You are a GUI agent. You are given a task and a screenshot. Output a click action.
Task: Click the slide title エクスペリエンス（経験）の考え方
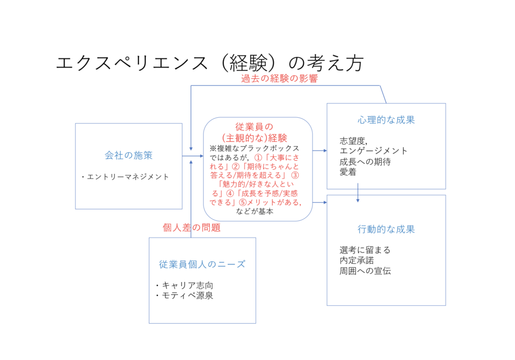tap(210, 63)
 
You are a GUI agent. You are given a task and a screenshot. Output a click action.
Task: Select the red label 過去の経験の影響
tap(279, 79)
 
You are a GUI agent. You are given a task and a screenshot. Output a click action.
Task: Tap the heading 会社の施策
tap(129, 155)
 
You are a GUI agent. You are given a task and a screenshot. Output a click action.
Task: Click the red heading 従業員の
tap(257, 127)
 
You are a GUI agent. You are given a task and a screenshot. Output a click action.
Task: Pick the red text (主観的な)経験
tap(257, 138)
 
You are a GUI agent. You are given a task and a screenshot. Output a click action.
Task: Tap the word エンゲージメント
tap(373, 151)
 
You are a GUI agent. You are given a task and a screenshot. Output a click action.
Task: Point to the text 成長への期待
tap(365, 162)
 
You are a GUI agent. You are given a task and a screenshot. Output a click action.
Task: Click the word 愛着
tap(348, 172)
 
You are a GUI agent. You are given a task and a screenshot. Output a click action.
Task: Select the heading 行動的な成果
tap(386, 229)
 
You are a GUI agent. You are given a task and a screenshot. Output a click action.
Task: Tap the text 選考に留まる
tap(365, 250)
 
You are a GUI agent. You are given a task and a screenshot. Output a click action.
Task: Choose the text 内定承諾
tap(357, 260)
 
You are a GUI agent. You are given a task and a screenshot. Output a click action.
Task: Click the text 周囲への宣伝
tap(365, 271)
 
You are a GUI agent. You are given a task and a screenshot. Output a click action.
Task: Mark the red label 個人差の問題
tap(192, 228)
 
